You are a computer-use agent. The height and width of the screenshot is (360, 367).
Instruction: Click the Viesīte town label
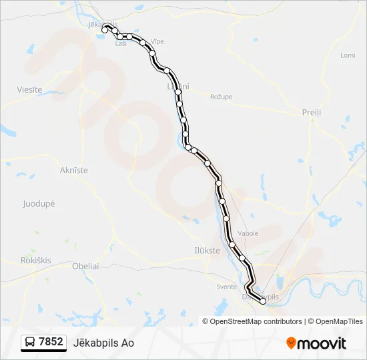pyautogui.click(x=29, y=89)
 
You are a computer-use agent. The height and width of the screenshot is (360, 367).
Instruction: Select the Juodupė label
pyautogui.click(x=38, y=203)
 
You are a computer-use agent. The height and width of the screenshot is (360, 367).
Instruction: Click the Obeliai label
pyautogui.click(x=85, y=266)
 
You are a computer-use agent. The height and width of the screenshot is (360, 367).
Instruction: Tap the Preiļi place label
pyautogui.click(x=311, y=113)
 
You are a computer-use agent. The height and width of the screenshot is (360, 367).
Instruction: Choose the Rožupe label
pyautogui.click(x=221, y=97)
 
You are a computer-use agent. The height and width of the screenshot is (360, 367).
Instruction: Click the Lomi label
pyautogui.click(x=348, y=55)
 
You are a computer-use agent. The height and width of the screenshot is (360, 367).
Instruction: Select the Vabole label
pyautogui.click(x=248, y=233)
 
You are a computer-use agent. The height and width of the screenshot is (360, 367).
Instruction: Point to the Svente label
pyautogui.click(x=227, y=287)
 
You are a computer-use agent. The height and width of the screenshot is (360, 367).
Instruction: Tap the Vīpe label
pyautogui.click(x=157, y=41)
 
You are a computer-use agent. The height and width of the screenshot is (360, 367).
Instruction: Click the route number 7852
pyautogui.click(x=51, y=342)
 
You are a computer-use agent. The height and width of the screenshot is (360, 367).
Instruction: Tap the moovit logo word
pyautogui.click(x=322, y=343)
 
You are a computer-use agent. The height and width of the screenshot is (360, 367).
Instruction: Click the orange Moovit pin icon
pyautogui.click(x=291, y=343)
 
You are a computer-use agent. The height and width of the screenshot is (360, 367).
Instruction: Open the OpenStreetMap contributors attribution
pyautogui.click(x=256, y=321)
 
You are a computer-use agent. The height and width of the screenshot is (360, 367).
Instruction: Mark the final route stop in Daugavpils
pyautogui.click(x=263, y=301)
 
